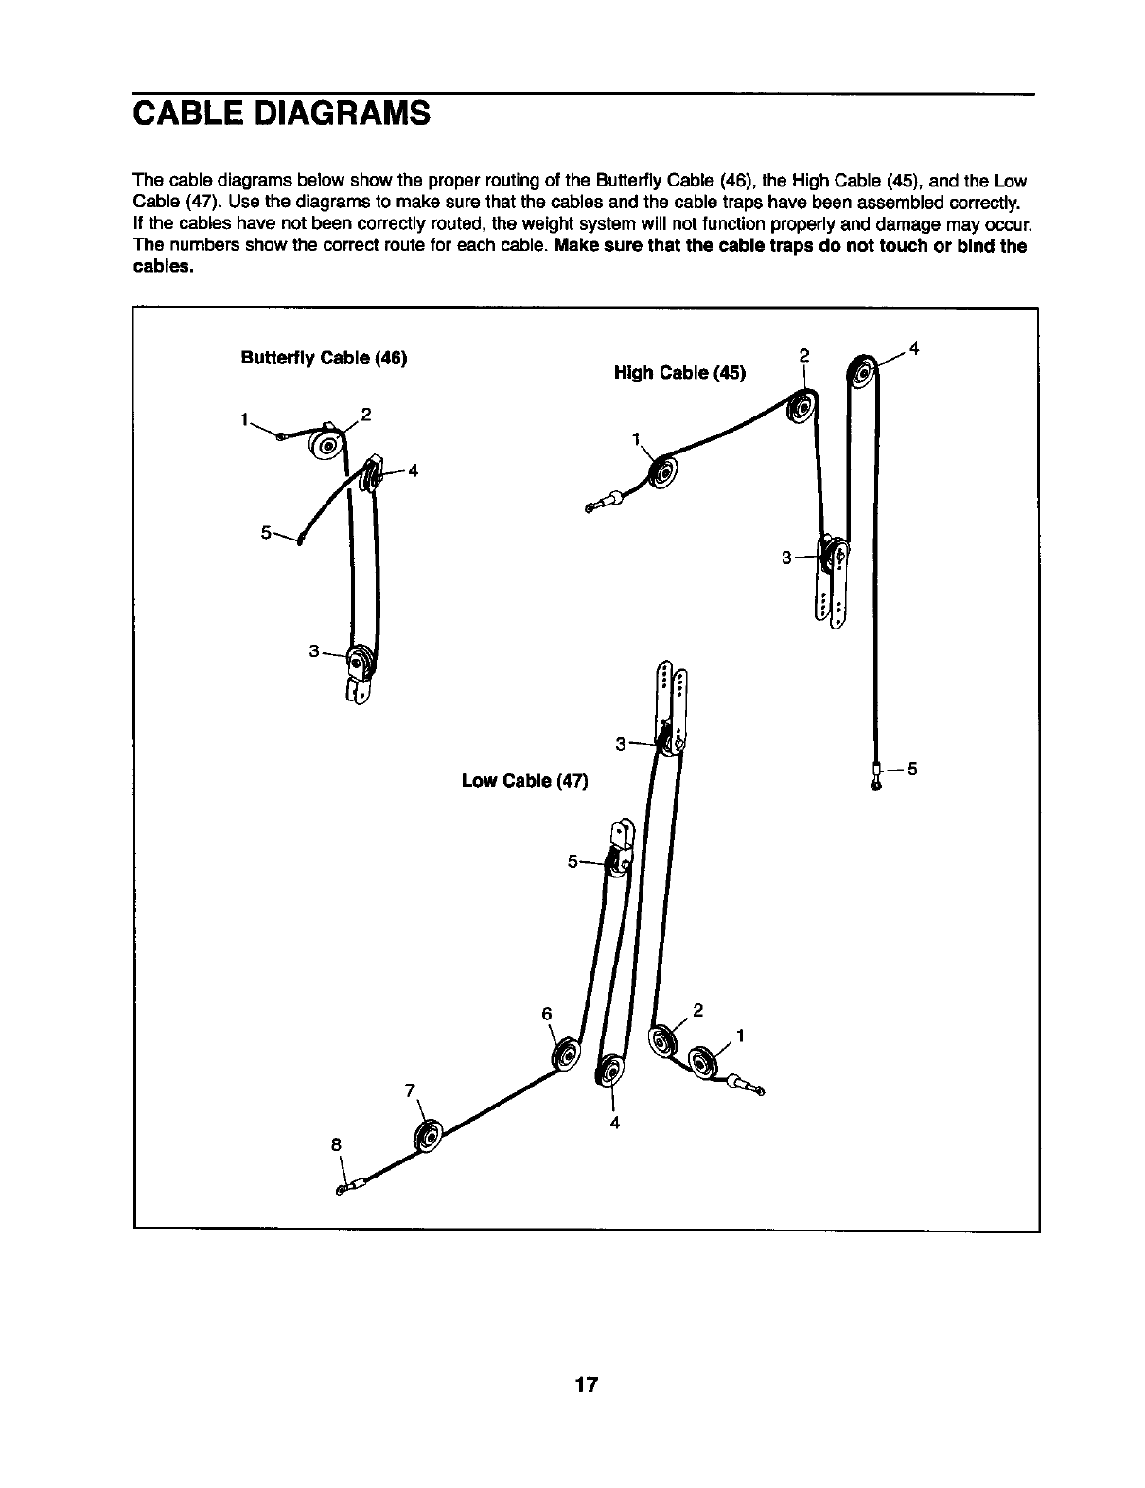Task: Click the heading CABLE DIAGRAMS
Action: [x=282, y=114]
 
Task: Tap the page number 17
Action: [x=586, y=1385]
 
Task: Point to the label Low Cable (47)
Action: [x=524, y=781]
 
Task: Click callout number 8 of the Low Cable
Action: [x=335, y=1143]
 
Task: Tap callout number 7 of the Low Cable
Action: [x=410, y=1089]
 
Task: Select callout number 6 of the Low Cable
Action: [x=546, y=1013]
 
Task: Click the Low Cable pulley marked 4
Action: [x=610, y=1072]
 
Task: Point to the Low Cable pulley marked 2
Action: [x=662, y=1045]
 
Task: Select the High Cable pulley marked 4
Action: [x=863, y=370]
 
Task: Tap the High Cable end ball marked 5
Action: [x=877, y=783]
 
